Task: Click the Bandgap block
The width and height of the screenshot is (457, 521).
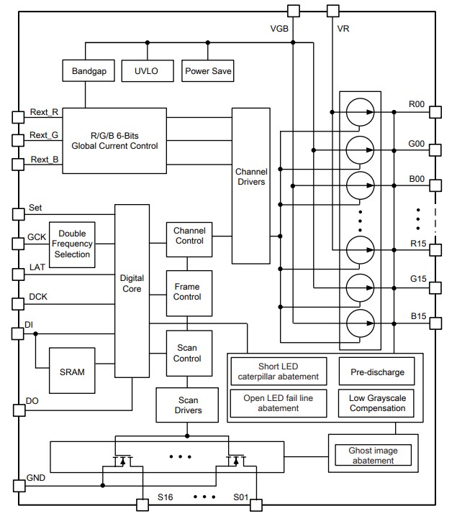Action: pyautogui.click(x=89, y=71)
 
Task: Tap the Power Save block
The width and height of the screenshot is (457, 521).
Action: pyautogui.click(x=208, y=71)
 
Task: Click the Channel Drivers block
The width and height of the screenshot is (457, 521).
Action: pyautogui.click(x=250, y=185)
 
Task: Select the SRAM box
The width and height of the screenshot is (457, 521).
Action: pyautogui.click(x=72, y=372)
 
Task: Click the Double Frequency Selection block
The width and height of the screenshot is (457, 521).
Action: pyautogui.click(x=73, y=244)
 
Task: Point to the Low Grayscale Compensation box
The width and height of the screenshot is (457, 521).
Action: pyautogui.click(x=377, y=402)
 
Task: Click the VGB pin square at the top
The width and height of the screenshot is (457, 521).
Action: pyautogui.click(x=293, y=10)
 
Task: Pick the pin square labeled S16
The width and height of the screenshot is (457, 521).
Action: pyautogui.click(x=142, y=504)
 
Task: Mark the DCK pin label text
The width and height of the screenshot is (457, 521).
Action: pyautogui.click(x=39, y=297)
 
